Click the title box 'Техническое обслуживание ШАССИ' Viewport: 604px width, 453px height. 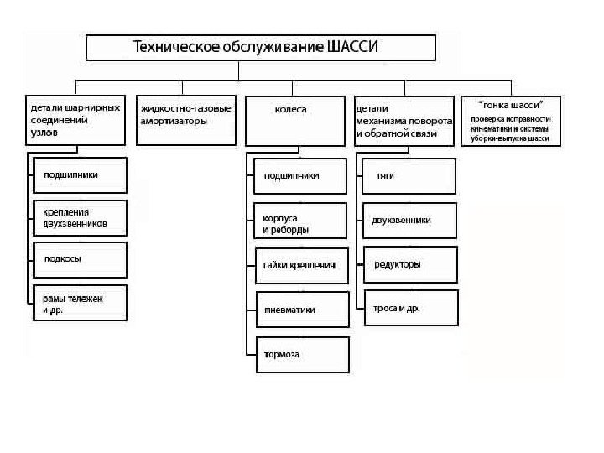(261, 47)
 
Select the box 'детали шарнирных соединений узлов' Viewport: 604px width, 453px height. (75, 121)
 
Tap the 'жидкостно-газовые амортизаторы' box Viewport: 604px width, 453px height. (185, 121)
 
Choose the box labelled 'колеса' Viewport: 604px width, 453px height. (295, 121)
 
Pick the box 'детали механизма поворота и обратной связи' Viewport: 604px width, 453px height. (404, 121)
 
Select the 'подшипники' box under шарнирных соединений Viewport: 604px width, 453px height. (80, 175)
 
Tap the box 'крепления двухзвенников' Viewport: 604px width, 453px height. (80, 217)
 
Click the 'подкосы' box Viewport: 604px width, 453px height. (80, 259)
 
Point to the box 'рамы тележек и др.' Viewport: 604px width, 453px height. (80, 303)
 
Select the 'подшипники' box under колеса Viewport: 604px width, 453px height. (300, 175)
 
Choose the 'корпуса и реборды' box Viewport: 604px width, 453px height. (300, 221)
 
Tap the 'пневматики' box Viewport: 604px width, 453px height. (301, 310)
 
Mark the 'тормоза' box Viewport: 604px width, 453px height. (301, 354)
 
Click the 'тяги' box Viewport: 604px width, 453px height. (409, 175)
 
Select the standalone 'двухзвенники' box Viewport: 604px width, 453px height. (409, 220)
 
